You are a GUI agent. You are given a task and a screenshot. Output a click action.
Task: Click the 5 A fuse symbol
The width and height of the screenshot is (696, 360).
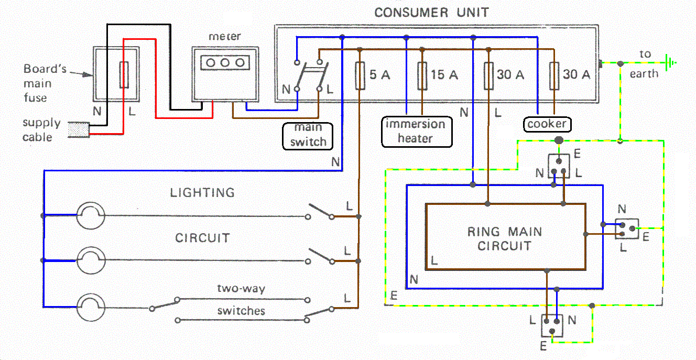360,75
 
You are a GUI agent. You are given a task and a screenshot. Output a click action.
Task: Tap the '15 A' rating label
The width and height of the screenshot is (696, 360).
444,75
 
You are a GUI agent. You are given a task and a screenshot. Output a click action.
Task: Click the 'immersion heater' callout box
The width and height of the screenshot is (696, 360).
416,131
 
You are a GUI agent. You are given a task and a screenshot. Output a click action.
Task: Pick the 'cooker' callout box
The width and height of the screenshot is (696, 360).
547,124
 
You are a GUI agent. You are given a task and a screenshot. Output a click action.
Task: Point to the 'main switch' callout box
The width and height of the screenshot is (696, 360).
308,135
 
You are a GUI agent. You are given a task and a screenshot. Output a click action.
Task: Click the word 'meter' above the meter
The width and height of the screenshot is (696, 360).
225,37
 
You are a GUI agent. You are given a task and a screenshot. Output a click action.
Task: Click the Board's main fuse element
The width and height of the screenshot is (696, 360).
124,75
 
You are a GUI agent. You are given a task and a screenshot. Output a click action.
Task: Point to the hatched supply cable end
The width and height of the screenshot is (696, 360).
79,130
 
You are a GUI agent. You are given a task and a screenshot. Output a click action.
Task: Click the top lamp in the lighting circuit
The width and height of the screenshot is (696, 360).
91,215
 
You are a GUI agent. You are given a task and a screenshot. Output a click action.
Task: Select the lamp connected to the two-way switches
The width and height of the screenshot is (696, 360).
91,307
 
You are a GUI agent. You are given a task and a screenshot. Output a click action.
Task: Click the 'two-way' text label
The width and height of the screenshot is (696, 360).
241,289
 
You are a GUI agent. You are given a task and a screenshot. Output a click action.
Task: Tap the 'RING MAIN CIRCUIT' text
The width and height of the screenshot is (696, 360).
505,238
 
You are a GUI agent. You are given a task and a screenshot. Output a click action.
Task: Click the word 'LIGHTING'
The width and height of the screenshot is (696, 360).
202,193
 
